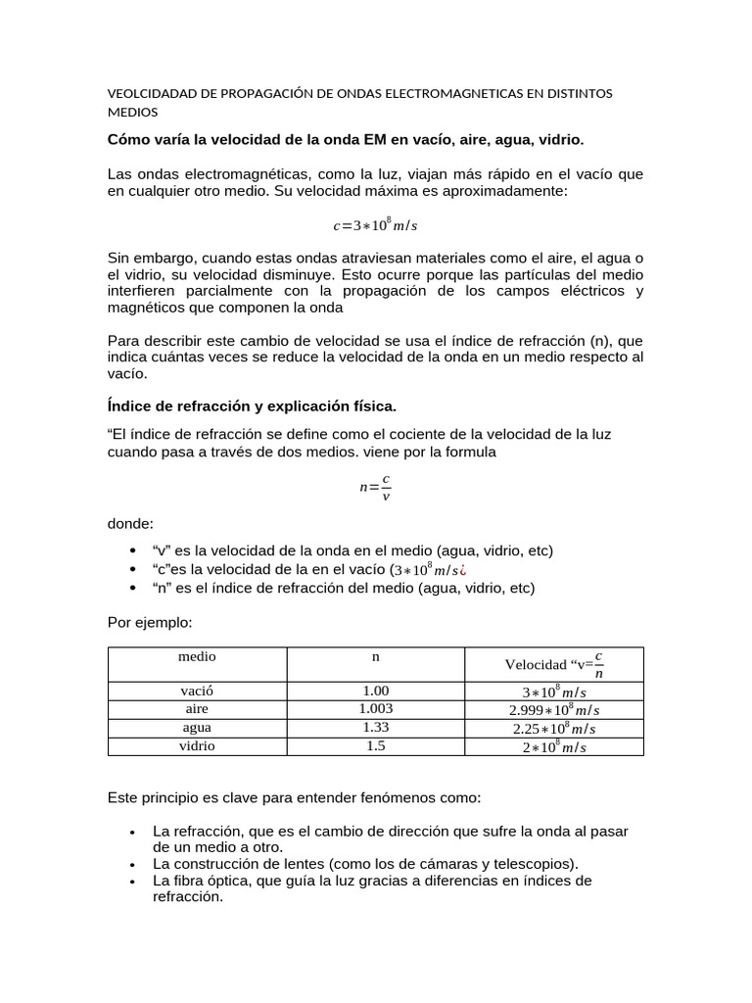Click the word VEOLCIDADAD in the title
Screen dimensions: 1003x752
coord(148,93)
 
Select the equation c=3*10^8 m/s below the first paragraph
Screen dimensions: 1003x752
coord(375,225)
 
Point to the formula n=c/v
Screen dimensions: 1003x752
coord(375,487)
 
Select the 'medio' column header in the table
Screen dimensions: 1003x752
coord(197,656)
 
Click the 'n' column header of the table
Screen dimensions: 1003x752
coord(375,656)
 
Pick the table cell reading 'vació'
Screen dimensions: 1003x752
coord(197,691)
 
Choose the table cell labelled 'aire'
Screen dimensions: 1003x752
coord(197,708)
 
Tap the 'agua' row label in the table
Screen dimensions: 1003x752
coord(197,727)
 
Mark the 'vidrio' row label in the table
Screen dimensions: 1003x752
coord(197,745)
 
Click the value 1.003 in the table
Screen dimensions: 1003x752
coord(375,708)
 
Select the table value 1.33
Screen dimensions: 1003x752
coord(375,727)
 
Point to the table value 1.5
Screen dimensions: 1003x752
coord(375,745)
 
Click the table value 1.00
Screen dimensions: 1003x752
coord(375,691)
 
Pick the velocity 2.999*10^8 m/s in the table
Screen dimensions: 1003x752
coord(554,709)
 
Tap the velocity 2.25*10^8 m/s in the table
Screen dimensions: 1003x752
coord(554,728)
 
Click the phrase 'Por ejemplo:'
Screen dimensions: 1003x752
coord(150,622)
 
